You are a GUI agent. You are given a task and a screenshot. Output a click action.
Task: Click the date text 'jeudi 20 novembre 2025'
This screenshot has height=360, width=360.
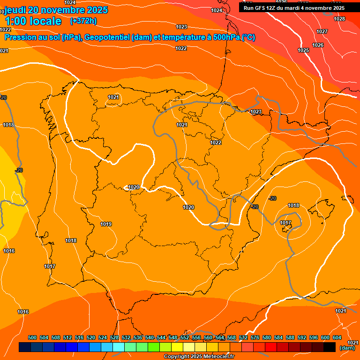(56, 10)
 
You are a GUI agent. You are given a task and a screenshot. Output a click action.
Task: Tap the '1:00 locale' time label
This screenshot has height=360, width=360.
(33, 21)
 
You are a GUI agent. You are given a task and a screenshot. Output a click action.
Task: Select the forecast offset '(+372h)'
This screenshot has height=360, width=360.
(83, 21)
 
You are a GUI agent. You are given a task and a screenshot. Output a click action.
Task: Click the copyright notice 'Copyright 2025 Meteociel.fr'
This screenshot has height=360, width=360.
(199, 357)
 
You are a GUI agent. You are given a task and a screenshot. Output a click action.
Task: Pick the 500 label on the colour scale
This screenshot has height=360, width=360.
(32, 337)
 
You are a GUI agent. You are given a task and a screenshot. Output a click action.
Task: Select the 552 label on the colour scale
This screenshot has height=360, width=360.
(185, 337)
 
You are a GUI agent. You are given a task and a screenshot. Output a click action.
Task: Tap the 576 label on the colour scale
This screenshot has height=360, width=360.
(255, 337)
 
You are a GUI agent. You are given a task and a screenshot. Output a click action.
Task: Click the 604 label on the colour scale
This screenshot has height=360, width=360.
(337, 337)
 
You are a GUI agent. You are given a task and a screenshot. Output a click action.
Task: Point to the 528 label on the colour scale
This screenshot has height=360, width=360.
(114, 337)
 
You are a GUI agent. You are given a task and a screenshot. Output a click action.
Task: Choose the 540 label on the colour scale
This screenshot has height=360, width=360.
(150, 337)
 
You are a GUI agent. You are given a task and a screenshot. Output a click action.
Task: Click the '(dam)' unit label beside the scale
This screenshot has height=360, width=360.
(347, 348)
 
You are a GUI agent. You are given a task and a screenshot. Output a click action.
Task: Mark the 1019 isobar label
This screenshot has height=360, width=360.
(106, 224)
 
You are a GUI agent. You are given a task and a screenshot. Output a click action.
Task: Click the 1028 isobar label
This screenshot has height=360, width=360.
(339, 19)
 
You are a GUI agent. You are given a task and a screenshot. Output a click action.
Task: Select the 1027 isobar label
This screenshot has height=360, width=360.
(322, 31)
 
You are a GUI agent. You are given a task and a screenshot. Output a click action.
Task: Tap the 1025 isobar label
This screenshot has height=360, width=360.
(303, 50)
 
